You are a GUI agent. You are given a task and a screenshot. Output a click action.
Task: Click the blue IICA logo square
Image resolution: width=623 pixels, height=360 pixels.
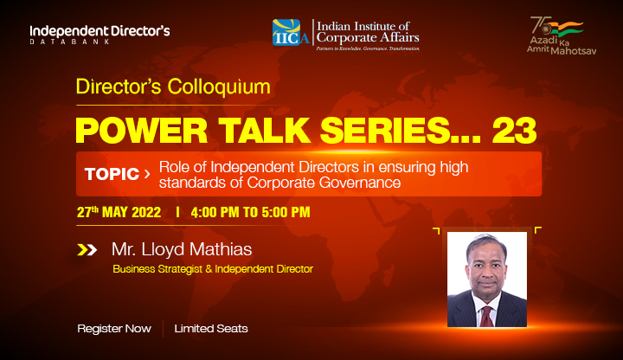pyautogui.click(x=286, y=32)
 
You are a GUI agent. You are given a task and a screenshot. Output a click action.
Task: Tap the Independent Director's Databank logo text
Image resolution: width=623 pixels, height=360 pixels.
pyautogui.click(x=100, y=34)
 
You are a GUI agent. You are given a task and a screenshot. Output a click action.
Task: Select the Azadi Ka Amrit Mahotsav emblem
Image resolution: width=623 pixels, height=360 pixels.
pyautogui.click(x=561, y=35)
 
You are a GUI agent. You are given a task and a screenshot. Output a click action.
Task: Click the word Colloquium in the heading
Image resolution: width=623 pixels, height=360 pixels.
pyautogui.click(x=219, y=87)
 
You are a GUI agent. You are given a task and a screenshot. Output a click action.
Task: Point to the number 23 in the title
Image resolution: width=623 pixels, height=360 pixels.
pyautogui.click(x=515, y=131)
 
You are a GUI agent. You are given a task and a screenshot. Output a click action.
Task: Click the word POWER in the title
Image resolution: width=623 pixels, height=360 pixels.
pyautogui.click(x=141, y=131)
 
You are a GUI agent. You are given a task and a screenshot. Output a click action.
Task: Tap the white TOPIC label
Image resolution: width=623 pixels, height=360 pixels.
pyautogui.click(x=112, y=174)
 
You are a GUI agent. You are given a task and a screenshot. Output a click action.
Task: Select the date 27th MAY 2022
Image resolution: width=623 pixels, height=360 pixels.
pyautogui.click(x=119, y=212)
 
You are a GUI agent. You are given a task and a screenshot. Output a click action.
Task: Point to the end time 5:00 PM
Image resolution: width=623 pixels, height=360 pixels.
pyautogui.click(x=286, y=212)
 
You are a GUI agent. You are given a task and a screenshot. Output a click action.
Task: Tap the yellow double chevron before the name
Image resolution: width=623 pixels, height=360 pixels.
pyautogui.click(x=87, y=250)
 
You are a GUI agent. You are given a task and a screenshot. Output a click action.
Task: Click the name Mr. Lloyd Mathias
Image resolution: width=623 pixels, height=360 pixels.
pyautogui.click(x=182, y=249)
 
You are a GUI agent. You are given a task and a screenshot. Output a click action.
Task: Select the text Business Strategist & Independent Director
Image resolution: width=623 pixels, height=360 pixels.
pyautogui.click(x=213, y=269)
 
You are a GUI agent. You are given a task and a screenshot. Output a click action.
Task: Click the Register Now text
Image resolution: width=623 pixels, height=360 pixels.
pyautogui.click(x=114, y=329)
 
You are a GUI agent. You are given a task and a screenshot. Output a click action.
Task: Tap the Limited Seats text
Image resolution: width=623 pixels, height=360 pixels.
pyautogui.click(x=211, y=329)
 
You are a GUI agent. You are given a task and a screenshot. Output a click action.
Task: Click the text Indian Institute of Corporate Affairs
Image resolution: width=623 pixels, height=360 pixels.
pyautogui.click(x=368, y=32)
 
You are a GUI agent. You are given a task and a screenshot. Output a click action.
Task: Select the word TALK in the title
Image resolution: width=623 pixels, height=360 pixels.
pyautogui.click(x=264, y=131)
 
